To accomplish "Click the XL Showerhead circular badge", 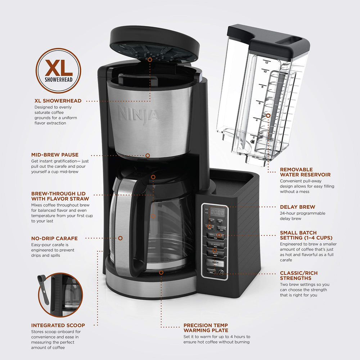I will coord(58,71).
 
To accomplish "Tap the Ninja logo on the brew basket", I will coord(138,114).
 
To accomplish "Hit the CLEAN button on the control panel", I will coord(211,271).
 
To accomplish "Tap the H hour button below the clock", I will coord(212,221).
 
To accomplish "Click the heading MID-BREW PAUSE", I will coord(55,155).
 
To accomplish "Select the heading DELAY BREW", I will coord(297,207).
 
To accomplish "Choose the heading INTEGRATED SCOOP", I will coord(58,325).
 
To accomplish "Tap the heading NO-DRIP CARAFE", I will coord(54,238).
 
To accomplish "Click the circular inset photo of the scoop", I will coord(59,295).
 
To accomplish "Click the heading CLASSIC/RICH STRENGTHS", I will coord(299,275).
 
